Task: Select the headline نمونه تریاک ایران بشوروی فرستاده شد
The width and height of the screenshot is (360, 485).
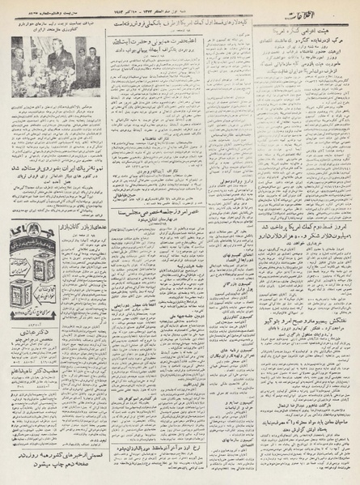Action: click(56, 163)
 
